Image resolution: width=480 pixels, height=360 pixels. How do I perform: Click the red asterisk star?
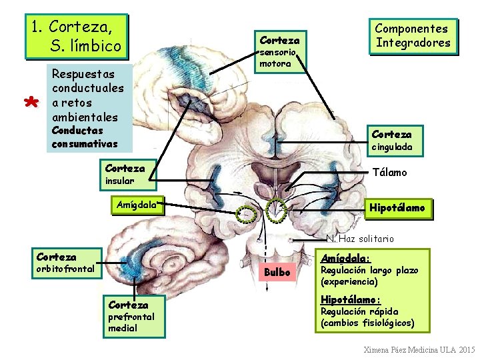click(x=31, y=101)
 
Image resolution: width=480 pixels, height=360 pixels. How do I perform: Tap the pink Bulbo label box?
click(x=277, y=272)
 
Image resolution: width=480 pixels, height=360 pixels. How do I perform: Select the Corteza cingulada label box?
click(x=395, y=141)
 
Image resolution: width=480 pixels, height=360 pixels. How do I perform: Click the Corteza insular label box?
click(x=128, y=175)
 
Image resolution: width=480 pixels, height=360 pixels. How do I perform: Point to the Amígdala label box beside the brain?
click(x=137, y=205)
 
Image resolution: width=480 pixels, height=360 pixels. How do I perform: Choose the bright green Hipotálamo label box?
click(x=398, y=209)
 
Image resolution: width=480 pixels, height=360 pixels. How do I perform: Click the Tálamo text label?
click(x=390, y=173)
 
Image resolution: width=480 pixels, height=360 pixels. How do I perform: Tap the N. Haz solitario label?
click(x=360, y=239)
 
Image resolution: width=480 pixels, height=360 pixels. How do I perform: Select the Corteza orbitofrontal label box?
click(x=67, y=263)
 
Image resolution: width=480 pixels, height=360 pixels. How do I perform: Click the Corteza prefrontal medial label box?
click(x=134, y=317)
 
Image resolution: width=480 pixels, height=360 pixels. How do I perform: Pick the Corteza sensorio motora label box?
click(x=281, y=52)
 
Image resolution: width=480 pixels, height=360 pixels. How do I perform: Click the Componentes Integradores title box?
click(x=413, y=37)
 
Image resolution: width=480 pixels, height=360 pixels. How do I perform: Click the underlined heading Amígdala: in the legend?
click(x=345, y=259)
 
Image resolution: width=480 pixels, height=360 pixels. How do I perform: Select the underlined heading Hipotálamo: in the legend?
click(x=351, y=300)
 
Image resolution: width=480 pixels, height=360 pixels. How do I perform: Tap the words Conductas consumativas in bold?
click(x=85, y=137)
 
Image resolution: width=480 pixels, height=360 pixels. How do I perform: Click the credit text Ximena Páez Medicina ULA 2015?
click(x=419, y=349)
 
